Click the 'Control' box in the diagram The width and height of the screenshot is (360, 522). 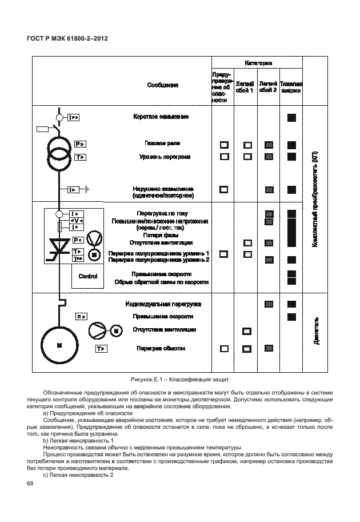[x=87, y=276]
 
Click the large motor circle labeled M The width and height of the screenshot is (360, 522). [x=58, y=346]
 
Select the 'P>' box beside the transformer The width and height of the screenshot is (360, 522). [x=81, y=144]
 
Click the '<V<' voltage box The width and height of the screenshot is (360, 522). [x=77, y=220]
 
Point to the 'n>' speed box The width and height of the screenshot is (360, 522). [x=81, y=316]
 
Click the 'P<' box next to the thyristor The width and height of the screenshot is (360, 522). [x=78, y=240]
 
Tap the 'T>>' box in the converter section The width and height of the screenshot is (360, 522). [x=78, y=259]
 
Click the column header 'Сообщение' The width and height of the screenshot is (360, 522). [x=163, y=85]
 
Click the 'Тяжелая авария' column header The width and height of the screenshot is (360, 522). [x=291, y=86]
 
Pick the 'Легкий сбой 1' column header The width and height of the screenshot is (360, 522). [x=246, y=86]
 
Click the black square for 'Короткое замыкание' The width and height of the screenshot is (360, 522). [x=291, y=118]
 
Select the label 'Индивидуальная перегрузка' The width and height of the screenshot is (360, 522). [x=163, y=304]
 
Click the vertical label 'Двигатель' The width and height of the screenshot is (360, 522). [x=316, y=330]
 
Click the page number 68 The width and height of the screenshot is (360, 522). [x=30, y=484]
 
